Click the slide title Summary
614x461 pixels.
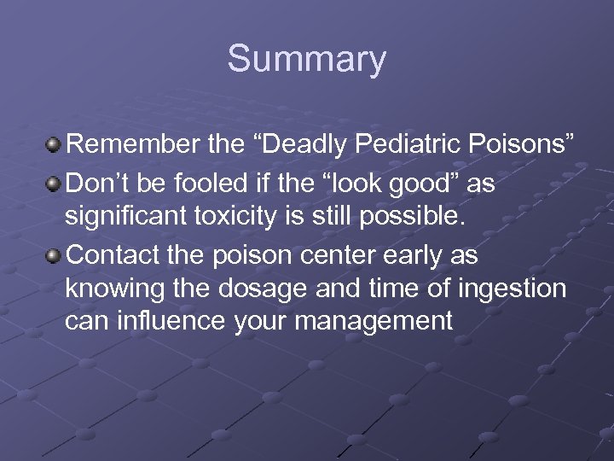306,60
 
